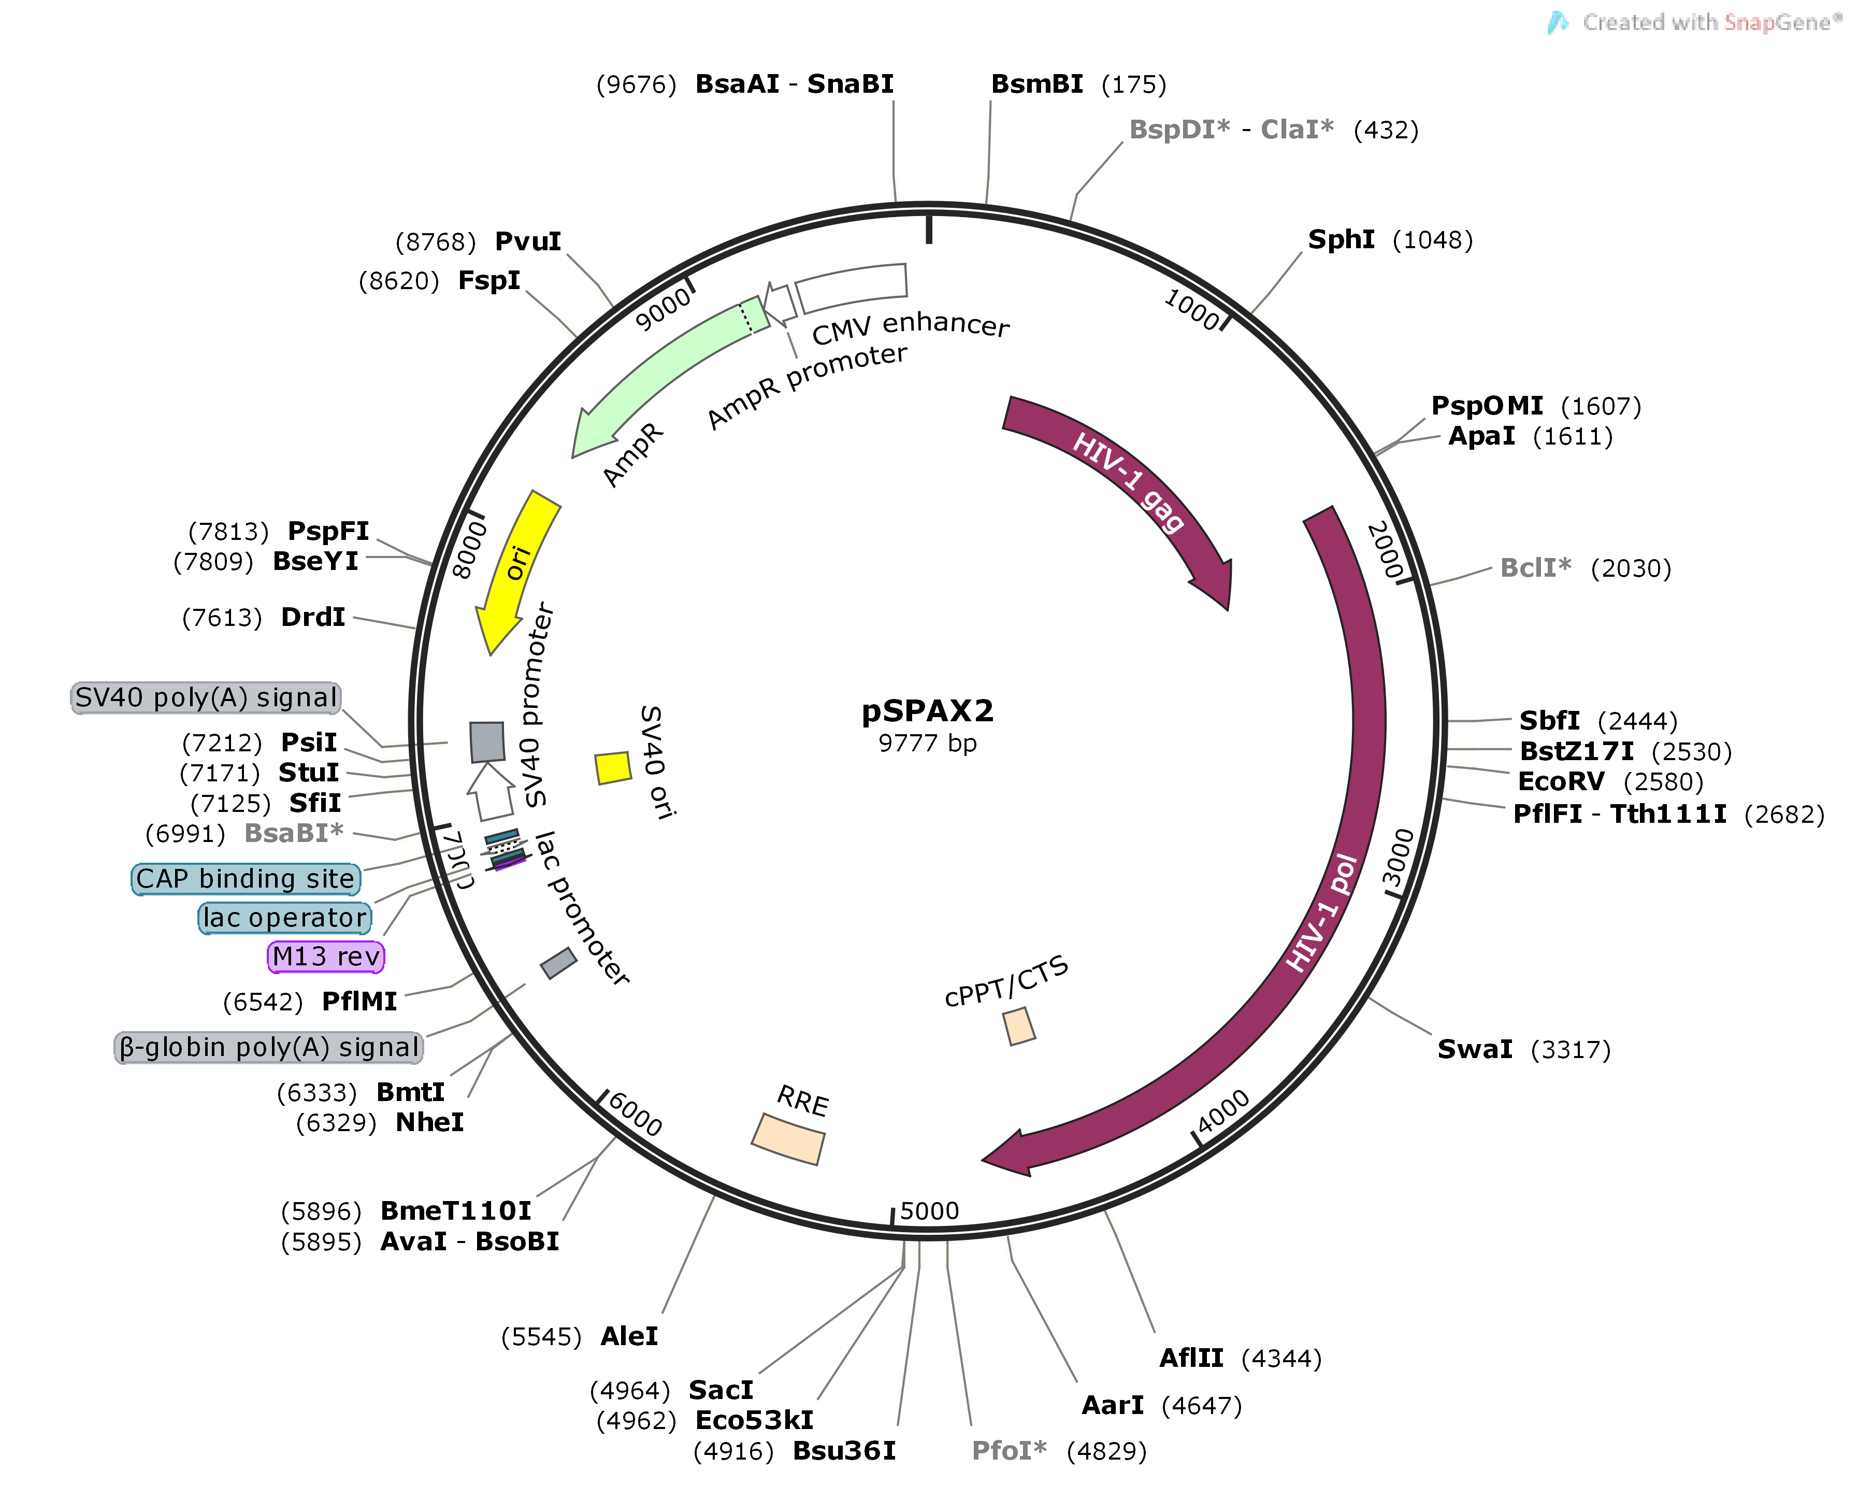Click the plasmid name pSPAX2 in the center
927,711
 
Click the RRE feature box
788,1138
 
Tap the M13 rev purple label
326,956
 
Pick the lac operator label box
284,918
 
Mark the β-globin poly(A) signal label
269,1047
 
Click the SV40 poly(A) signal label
206,697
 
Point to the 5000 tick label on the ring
929,1211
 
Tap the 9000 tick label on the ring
662,308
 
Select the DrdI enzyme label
313,617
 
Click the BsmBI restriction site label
1036,84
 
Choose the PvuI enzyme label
527,241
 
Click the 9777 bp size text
927,743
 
